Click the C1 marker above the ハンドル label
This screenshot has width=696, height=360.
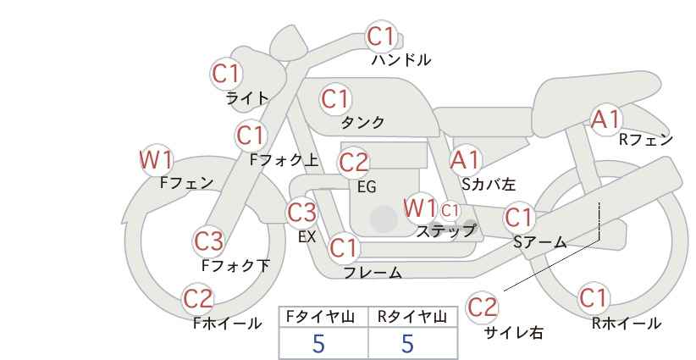(x=381, y=36)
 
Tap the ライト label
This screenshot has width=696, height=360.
(x=247, y=98)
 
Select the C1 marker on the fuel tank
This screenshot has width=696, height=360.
(x=335, y=99)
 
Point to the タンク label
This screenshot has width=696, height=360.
(x=362, y=122)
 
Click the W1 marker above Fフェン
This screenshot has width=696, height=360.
(x=156, y=160)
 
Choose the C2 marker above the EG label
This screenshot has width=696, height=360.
(x=353, y=163)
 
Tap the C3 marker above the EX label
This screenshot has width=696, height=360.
(x=301, y=212)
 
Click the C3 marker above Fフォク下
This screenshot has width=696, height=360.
(x=209, y=241)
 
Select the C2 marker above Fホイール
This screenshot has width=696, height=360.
(x=198, y=299)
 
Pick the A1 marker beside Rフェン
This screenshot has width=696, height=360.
(x=605, y=119)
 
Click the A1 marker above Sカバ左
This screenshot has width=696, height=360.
(x=465, y=160)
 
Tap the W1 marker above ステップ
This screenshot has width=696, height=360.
(x=419, y=208)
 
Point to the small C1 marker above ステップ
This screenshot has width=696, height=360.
(x=450, y=210)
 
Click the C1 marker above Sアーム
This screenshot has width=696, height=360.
(x=518, y=218)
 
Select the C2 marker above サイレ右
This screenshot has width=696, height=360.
(x=482, y=307)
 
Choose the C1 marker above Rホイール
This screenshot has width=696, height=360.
(x=593, y=298)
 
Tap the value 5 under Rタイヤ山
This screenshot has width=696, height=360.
(x=407, y=344)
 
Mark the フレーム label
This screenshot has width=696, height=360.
(x=373, y=272)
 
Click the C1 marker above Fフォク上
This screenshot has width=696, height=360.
(x=251, y=136)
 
